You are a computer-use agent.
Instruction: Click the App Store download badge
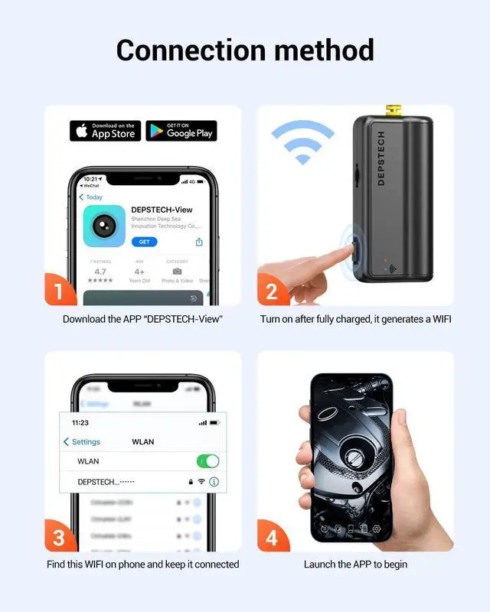click(105, 131)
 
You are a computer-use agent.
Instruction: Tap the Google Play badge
click(181, 131)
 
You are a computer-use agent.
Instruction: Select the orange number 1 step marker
click(60, 291)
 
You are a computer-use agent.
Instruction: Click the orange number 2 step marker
click(272, 291)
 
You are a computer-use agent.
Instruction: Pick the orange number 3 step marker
click(60, 537)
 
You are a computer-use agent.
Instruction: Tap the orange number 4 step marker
click(272, 537)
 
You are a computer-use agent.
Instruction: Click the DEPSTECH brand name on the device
click(381, 159)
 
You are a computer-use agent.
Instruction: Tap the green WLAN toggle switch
click(207, 461)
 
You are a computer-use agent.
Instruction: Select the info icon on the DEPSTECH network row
click(214, 482)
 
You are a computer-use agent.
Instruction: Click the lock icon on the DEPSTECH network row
click(189, 482)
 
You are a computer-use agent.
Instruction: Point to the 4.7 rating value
click(100, 272)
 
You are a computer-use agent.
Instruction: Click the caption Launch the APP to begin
click(355, 565)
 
